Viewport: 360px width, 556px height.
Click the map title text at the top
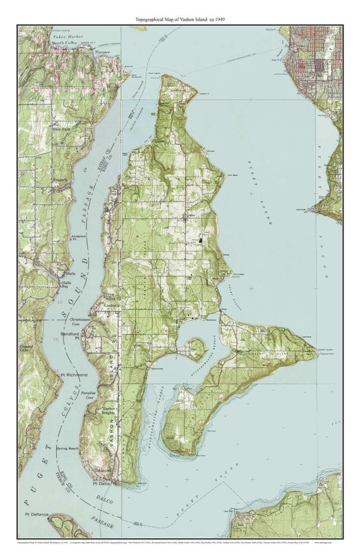(x=181, y=20)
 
